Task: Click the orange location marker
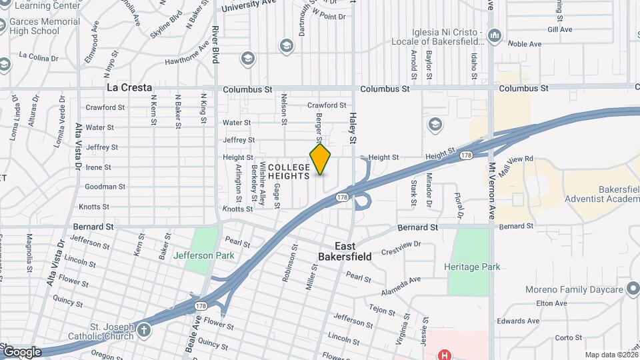click(320, 159)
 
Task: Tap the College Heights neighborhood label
click(289, 171)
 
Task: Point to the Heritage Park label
click(472, 267)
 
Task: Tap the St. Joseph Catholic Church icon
click(144, 329)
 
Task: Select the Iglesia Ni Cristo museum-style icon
click(495, 35)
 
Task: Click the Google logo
click(21, 352)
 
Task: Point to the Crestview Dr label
click(401, 248)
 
